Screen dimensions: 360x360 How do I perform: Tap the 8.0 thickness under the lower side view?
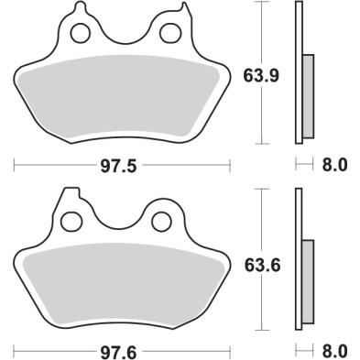click(335, 351)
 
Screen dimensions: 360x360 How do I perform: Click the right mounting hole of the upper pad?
click(169, 34)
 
